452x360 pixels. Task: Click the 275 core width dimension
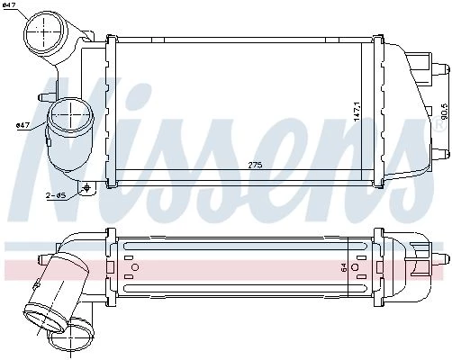(x=255, y=165)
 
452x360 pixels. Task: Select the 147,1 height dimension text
(x=357, y=112)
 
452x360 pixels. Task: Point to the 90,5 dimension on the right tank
(x=446, y=111)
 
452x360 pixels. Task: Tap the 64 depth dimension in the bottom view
(x=344, y=267)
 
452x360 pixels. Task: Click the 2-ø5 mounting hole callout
(x=56, y=195)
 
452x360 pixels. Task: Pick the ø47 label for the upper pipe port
(x=8, y=4)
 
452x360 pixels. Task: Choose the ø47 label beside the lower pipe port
(x=23, y=125)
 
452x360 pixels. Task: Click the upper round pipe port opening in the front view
(x=43, y=31)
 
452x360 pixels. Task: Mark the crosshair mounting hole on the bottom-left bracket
(x=87, y=188)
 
